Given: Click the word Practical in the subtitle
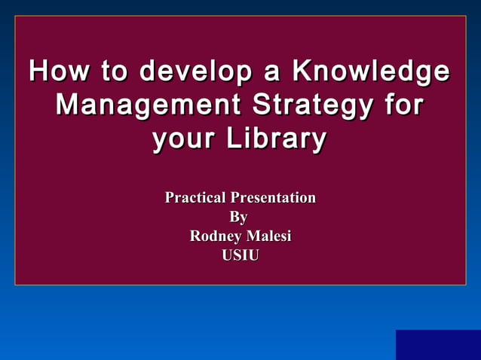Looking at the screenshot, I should tap(195, 198).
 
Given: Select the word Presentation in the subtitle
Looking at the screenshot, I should tap(272, 198).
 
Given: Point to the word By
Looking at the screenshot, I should tap(238, 218).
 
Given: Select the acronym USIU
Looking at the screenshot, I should tap(240, 256).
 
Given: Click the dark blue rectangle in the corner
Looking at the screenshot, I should tap(438, 345).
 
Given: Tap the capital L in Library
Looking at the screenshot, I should tap(240, 139).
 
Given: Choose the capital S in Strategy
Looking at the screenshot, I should tap(260, 105).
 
